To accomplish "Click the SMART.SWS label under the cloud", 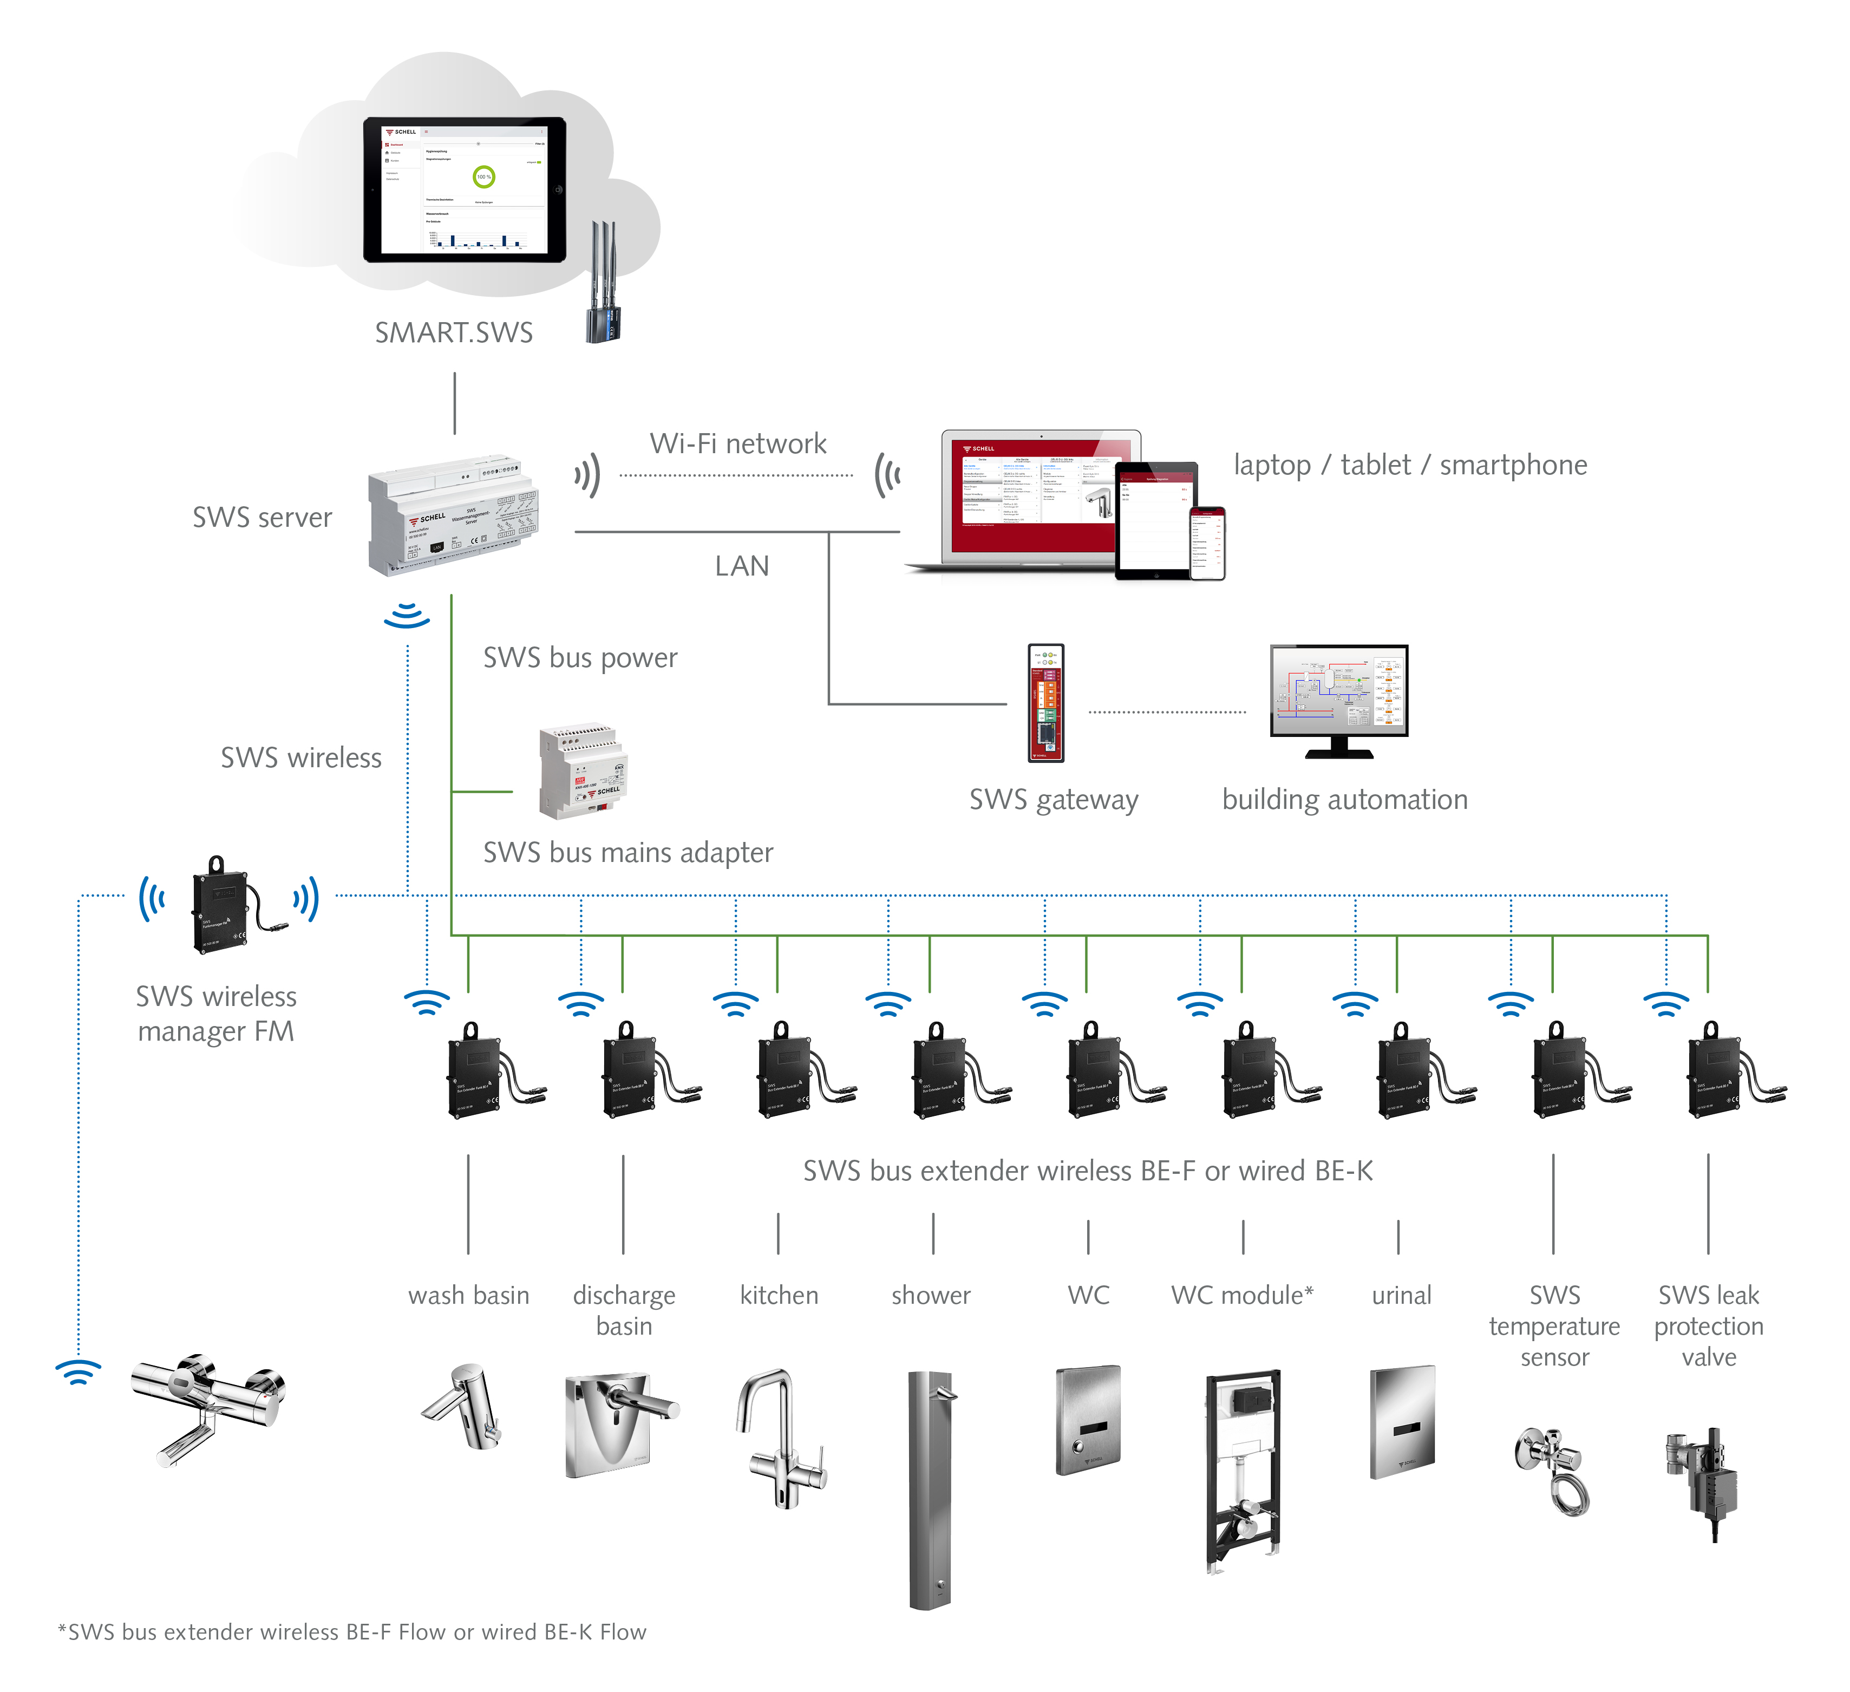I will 453,332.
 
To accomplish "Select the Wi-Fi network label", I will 738,444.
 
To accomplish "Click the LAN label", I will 742,566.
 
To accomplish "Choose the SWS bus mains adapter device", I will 583,772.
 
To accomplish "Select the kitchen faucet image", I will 781,1438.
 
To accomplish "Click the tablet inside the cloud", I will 465,190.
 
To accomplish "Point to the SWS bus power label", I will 580,658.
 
